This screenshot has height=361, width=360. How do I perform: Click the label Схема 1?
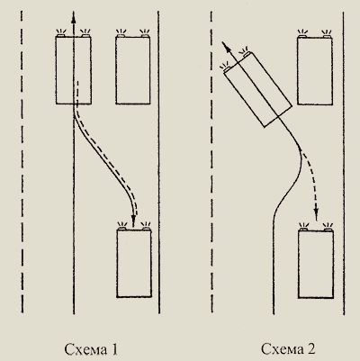[x=91, y=349]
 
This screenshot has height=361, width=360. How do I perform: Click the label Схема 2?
[x=288, y=348]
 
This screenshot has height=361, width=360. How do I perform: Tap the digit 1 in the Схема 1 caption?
[x=114, y=349]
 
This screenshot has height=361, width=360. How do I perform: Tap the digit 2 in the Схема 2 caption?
[x=311, y=348]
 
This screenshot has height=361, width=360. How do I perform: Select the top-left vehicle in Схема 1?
[x=74, y=70]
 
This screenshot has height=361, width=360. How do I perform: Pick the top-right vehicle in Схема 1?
[x=133, y=70]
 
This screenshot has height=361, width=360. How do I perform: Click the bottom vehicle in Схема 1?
[x=134, y=264]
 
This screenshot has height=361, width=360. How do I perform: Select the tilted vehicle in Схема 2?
[x=258, y=89]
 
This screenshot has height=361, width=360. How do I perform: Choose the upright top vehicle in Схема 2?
[x=315, y=71]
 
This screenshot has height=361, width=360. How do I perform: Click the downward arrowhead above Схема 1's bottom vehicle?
[x=133, y=221]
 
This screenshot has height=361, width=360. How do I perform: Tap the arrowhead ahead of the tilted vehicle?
[x=225, y=46]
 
